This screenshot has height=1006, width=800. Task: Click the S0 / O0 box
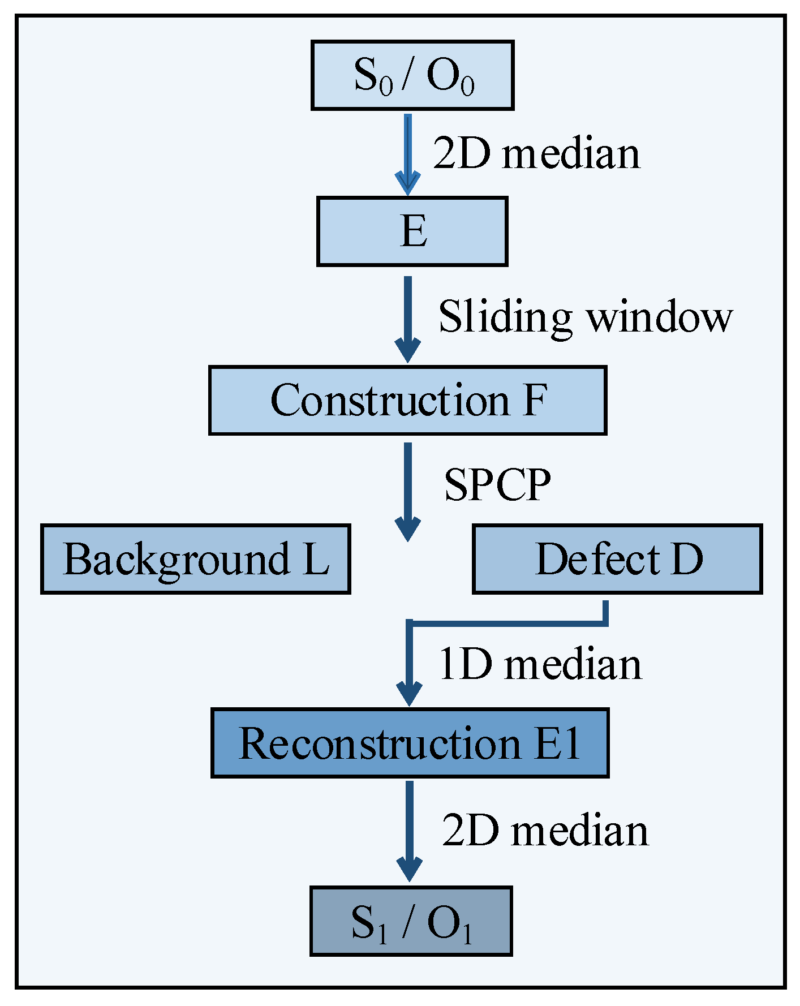point(412,75)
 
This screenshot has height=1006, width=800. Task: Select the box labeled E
point(412,231)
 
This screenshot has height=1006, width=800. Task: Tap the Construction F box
point(407,401)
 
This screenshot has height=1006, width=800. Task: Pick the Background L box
point(196,559)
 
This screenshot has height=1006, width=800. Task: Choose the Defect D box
point(617,559)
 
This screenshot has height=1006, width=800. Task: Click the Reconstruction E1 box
point(410,743)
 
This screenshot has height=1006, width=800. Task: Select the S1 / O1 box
point(411,921)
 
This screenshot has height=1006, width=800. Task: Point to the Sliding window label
point(586,317)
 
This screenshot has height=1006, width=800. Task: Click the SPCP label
point(497,485)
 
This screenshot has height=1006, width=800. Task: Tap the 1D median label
point(540,664)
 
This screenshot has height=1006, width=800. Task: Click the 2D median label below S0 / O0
point(536,154)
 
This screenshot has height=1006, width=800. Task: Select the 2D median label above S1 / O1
point(545,831)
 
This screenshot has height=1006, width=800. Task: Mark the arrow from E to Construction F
point(407,317)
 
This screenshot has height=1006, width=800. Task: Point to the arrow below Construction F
point(407,490)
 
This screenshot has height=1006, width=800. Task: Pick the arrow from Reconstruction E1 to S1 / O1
point(409,829)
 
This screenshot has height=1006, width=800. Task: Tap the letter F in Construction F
point(535,401)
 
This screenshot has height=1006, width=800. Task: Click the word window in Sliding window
point(659,317)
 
